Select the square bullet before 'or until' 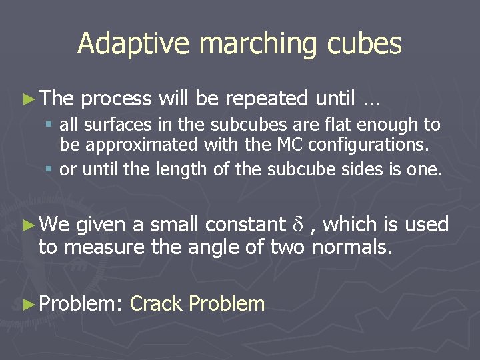(51, 169)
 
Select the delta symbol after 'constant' (298, 225)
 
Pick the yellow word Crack (157, 304)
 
